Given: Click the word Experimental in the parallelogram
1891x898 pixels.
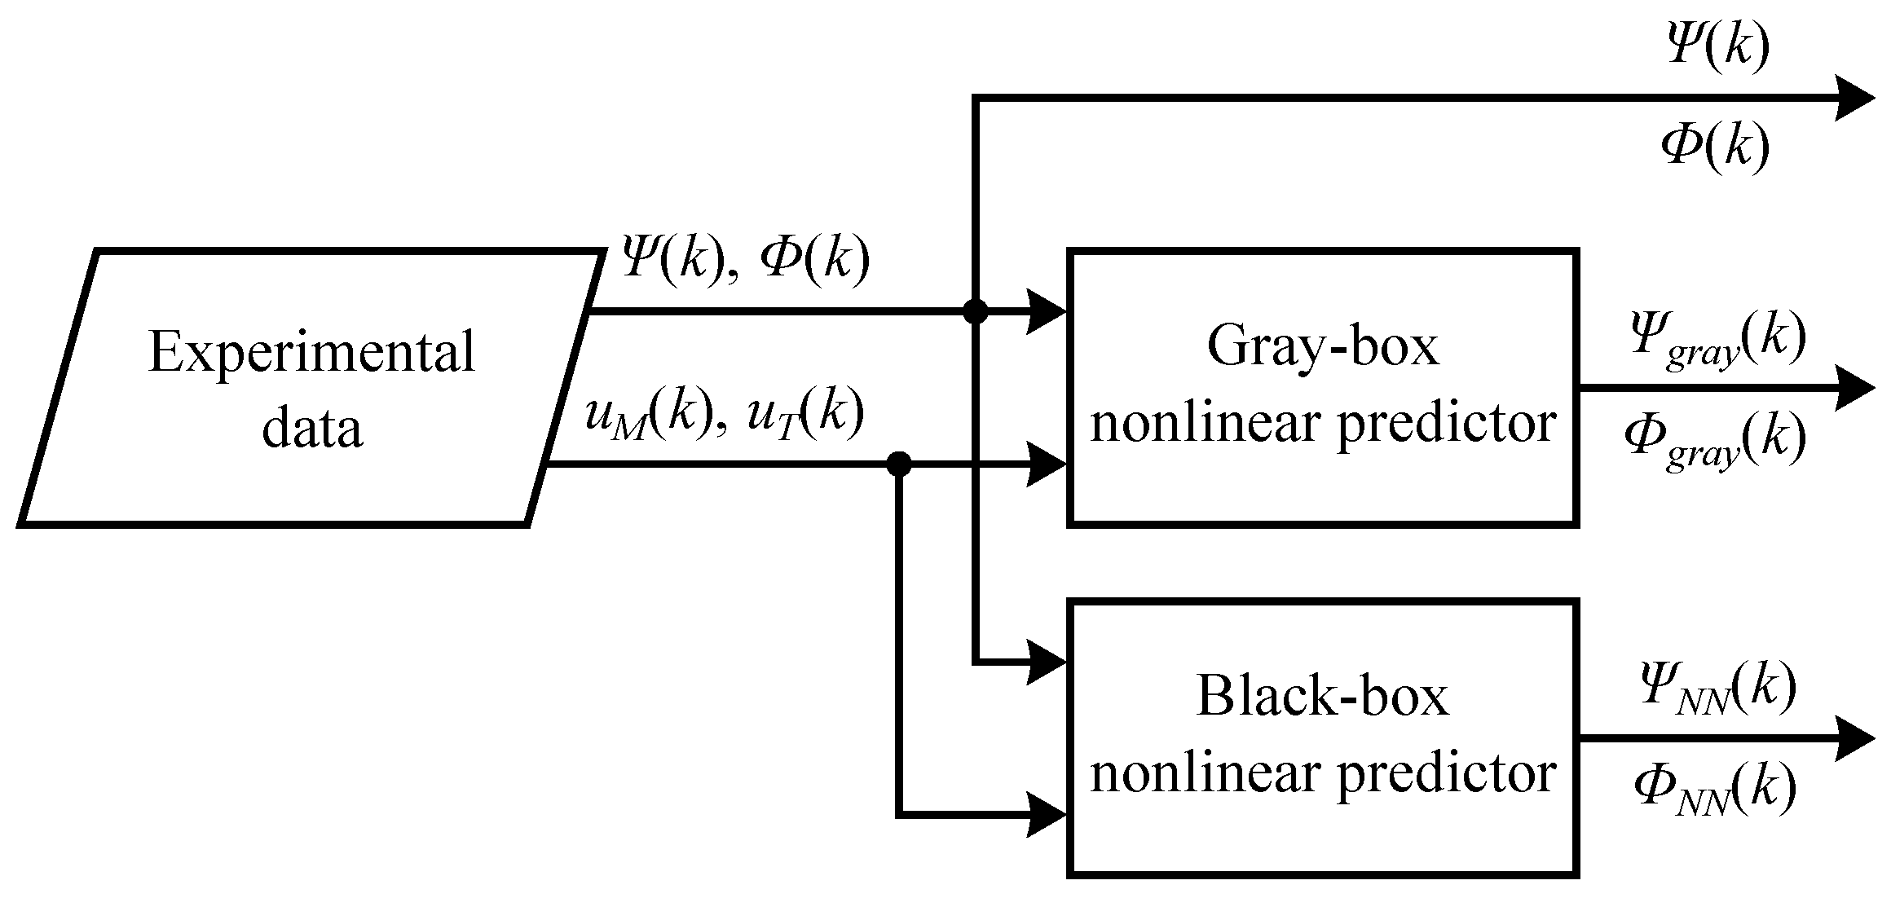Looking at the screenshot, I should coord(311,353).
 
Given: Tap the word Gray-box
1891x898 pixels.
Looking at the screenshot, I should coord(1322,346).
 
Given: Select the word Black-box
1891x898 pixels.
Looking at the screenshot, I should coord(1322,696).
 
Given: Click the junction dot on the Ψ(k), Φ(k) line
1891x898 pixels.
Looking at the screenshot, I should coord(975,310).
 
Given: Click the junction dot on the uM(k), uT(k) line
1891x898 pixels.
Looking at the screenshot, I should coord(898,464).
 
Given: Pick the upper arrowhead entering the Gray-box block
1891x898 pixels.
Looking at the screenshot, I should coord(1047,311).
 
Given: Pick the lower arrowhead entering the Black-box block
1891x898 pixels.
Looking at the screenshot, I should coord(1047,814).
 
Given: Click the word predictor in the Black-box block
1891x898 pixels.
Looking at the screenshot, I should coord(1448,773).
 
